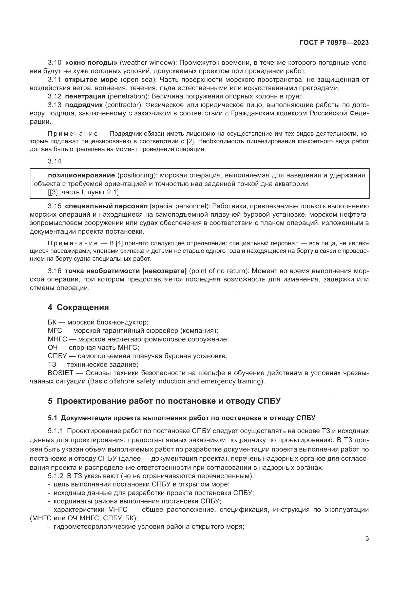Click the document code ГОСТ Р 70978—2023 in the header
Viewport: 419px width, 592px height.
pos(334,43)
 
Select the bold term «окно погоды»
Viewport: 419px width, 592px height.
pos(92,63)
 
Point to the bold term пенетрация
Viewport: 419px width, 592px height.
pos(85,96)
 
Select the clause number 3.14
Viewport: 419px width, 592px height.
pos(54,161)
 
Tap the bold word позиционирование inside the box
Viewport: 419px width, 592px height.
pos(81,175)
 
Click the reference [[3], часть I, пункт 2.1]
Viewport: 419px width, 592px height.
pos(83,192)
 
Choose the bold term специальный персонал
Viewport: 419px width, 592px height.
pos(106,206)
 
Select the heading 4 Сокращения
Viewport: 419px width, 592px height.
pos(78,307)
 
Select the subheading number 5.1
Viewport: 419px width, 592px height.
pos(53,418)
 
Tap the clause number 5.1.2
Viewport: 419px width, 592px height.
pos(55,476)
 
